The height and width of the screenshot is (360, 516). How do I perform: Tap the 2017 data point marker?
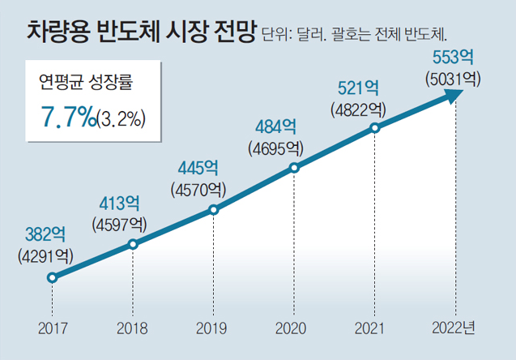tap(52, 277)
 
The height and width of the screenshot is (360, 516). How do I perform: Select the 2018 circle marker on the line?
tap(133, 244)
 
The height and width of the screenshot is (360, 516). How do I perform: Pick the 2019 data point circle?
tap(213, 210)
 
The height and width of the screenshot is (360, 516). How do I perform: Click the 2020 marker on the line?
tap(294, 168)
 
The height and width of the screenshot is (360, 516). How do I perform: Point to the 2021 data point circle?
tap(375, 127)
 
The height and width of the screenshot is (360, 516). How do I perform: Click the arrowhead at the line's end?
tap(454, 93)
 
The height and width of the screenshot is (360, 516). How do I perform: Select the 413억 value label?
tap(120, 203)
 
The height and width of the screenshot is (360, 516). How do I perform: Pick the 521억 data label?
tap(357, 88)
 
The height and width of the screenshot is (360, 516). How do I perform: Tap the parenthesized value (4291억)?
tap(45, 255)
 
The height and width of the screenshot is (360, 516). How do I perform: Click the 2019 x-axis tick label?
tap(213, 328)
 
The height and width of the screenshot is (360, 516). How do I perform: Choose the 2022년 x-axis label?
tap(454, 328)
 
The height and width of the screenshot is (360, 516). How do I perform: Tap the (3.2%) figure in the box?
tap(122, 119)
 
